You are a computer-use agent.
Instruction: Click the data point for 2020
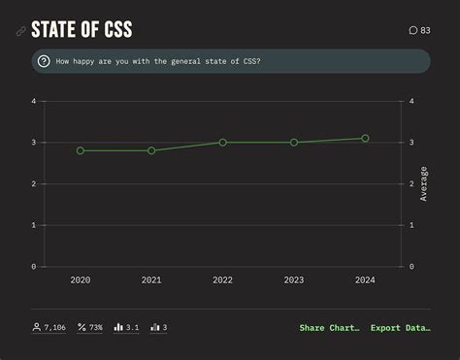pyautogui.click(x=81, y=150)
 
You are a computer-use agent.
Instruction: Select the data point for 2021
pyautogui.click(x=151, y=150)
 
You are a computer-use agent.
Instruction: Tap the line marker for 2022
pyautogui.click(x=222, y=143)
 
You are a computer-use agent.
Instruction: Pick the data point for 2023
pyautogui.click(x=294, y=143)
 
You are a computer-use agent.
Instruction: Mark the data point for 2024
pyautogui.click(x=365, y=139)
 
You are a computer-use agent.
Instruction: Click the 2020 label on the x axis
pyautogui.click(x=81, y=280)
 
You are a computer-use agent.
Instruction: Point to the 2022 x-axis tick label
pyautogui.click(x=222, y=280)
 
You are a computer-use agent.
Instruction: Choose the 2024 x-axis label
pyautogui.click(x=365, y=280)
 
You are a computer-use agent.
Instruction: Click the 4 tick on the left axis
pyautogui.click(x=33, y=101)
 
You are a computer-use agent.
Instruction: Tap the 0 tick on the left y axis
pyautogui.click(x=33, y=266)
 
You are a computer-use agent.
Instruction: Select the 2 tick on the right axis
pyautogui.click(x=411, y=183)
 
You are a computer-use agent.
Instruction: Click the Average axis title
pyautogui.click(x=424, y=183)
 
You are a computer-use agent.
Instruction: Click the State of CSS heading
pyautogui.click(x=82, y=30)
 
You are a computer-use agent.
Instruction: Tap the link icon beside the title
pyautogui.click(x=20, y=31)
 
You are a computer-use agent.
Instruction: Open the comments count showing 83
pyautogui.click(x=419, y=30)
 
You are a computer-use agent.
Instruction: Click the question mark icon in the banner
pyautogui.click(x=44, y=61)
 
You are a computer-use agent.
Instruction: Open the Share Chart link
pyautogui.click(x=329, y=328)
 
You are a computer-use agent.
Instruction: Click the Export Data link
pyautogui.click(x=400, y=328)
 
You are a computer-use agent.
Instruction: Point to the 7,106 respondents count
pyautogui.click(x=49, y=328)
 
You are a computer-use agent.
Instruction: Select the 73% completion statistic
pyautogui.click(x=90, y=328)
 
